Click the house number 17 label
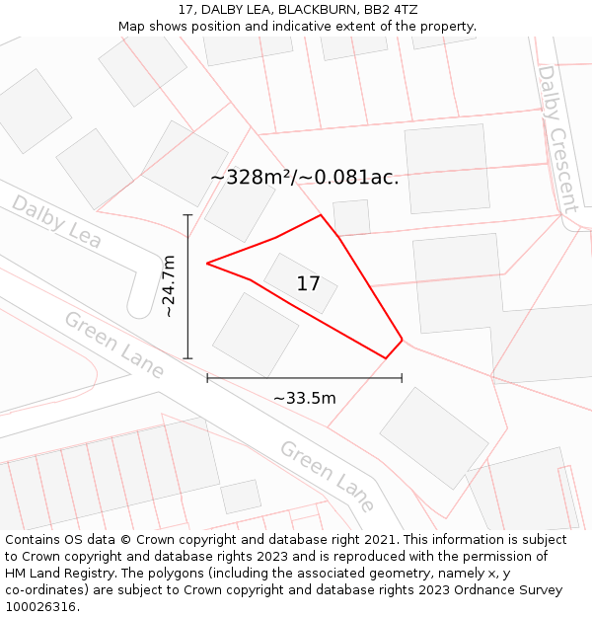[x=308, y=284]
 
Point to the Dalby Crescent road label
[x=556, y=138]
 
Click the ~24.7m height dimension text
[x=169, y=285]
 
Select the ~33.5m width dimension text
[x=304, y=398]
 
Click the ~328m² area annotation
[x=304, y=178]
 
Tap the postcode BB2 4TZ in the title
[x=391, y=10]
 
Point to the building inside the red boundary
[x=300, y=283]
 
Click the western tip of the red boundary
[x=207, y=263]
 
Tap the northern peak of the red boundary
[x=321, y=215]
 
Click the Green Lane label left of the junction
[x=113, y=344]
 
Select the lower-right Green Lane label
[x=327, y=476]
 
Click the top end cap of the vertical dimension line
[x=187, y=214]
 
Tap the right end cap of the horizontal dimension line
[x=402, y=377]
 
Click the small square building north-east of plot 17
[x=351, y=217]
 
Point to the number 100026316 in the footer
[x=40, y=606]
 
